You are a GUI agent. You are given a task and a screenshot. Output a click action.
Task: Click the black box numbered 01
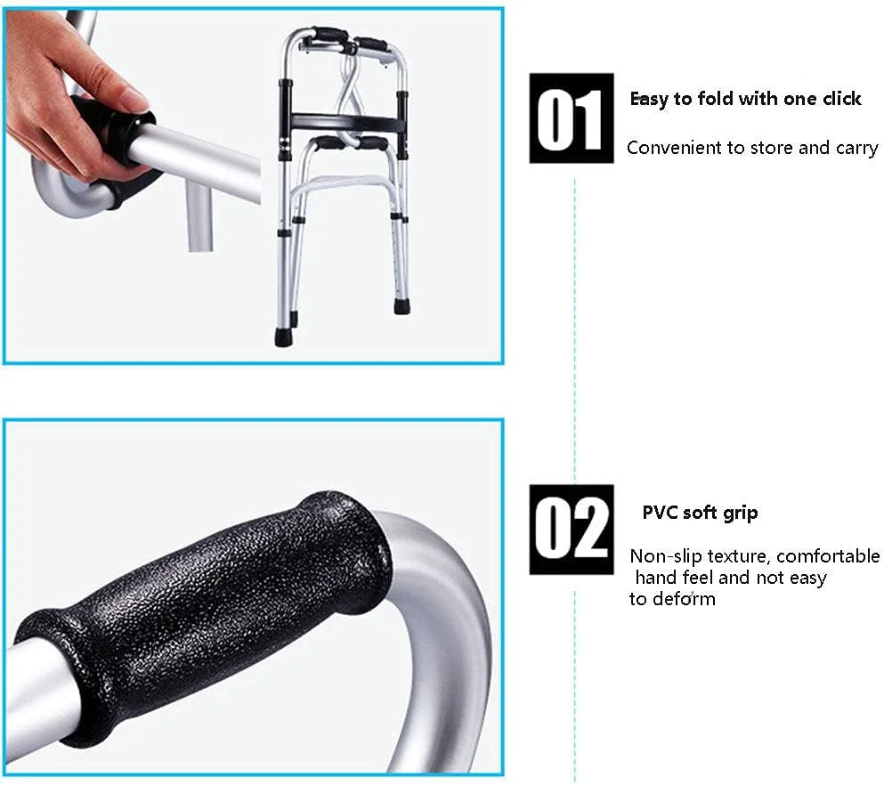[572, 118]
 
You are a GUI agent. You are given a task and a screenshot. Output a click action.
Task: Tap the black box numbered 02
[572, 530]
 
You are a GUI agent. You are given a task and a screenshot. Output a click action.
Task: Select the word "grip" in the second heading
[742, 514]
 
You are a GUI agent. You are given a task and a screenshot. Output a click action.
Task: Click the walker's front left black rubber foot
[282, 336]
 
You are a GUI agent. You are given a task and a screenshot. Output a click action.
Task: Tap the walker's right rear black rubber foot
[402, 306]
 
